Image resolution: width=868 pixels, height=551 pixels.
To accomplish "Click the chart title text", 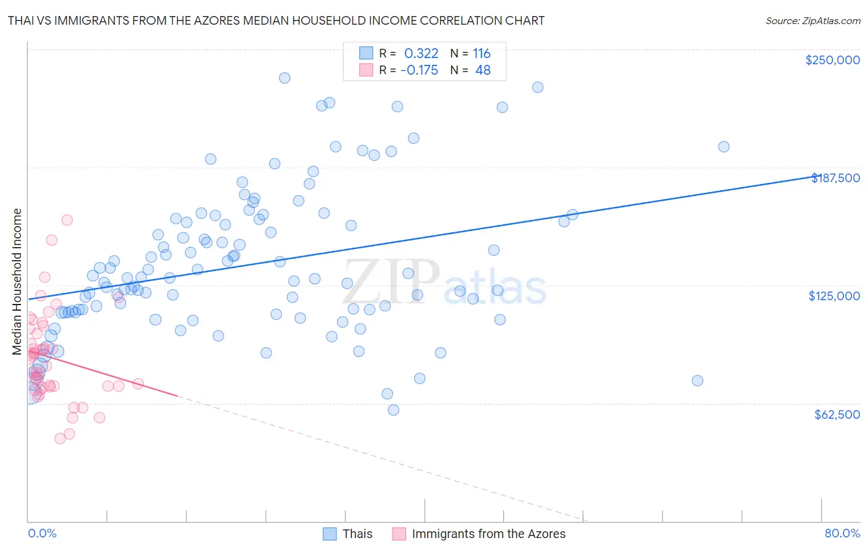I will point(276,20).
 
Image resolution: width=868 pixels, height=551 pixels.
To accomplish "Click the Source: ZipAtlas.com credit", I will point(812,20).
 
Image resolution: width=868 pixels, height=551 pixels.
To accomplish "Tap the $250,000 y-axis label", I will point(832,60).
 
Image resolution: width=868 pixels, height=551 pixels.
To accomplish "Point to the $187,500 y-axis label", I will point(835,178).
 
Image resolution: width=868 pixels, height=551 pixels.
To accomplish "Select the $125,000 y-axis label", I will point(834,296).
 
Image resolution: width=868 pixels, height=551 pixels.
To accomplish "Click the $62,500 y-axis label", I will point(837,414).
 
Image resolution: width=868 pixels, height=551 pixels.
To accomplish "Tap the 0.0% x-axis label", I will point(42,533).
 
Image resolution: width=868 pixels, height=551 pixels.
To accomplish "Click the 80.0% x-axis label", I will point(842,533).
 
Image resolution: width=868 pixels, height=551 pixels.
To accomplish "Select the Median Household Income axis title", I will point(17,282).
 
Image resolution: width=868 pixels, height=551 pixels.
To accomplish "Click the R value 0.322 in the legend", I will point(421,54).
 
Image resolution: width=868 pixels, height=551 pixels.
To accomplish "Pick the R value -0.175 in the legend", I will point(419,70).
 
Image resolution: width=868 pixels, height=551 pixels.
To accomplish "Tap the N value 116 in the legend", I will point(482,54).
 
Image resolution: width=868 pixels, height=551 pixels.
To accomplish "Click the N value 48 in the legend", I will point(483,70).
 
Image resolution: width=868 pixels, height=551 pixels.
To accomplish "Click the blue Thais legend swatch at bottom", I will point(330,534).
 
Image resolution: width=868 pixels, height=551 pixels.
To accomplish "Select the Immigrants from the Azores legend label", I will point(488,534).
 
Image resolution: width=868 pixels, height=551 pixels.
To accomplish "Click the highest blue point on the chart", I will point(285,78).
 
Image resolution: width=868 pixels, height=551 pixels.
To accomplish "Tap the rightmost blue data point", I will point(724,147).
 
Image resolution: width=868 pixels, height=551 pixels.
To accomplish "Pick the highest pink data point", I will point(67,220).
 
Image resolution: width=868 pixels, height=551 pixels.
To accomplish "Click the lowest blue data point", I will point(393,410).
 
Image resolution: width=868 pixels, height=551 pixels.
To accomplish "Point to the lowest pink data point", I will point(60,439).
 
